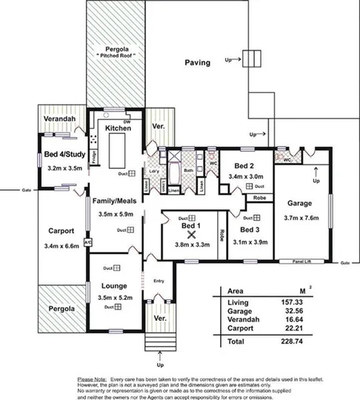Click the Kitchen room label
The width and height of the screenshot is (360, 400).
click(119, 128)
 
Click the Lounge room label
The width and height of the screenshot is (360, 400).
click(114, 285)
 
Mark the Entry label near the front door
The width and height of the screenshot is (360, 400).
click(158, 281)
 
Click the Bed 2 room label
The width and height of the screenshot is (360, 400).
click(244, 166)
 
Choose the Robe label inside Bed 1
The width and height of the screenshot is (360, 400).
click(221, 238)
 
